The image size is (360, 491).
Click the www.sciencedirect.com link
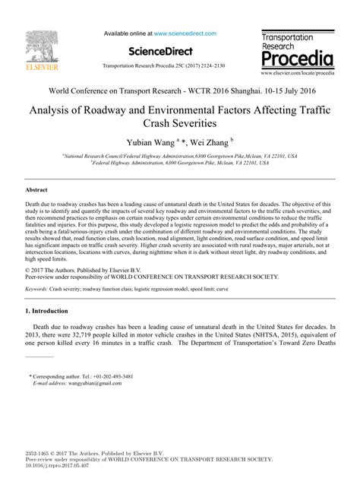tap(185, 33)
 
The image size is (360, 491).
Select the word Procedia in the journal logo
tap(296, 59)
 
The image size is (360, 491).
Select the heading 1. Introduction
tap(55, 291)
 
